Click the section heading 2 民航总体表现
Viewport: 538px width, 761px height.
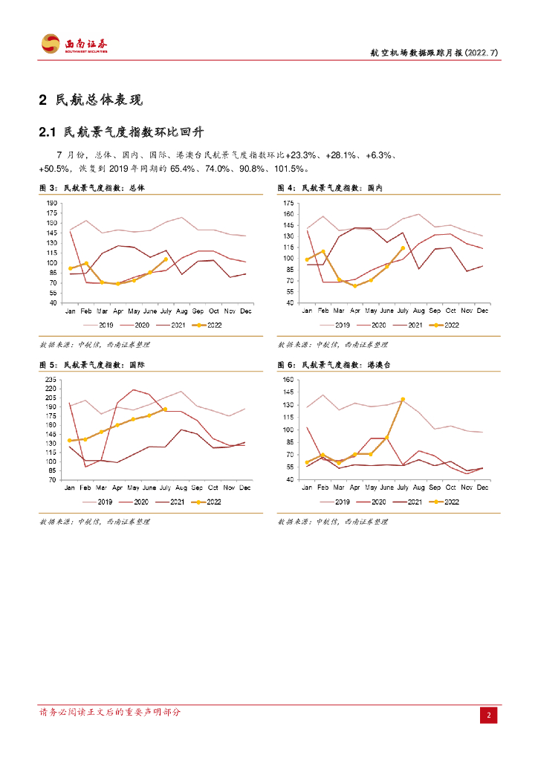[x=90, y=100]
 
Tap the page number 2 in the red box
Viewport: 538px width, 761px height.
[x=489, y=716]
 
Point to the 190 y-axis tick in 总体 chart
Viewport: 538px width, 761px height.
[x=52, y=203]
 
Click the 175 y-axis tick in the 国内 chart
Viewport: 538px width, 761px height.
[x=290, y=203]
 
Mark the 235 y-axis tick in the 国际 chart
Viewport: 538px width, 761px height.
[x=52, y=380]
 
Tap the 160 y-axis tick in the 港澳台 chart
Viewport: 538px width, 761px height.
[x=290, y=380]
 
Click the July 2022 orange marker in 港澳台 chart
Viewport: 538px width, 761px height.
[x=403, y=400]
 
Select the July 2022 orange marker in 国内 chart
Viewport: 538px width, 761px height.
[x=403, y=248]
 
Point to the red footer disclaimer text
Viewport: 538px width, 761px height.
[x=109, y=712]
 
